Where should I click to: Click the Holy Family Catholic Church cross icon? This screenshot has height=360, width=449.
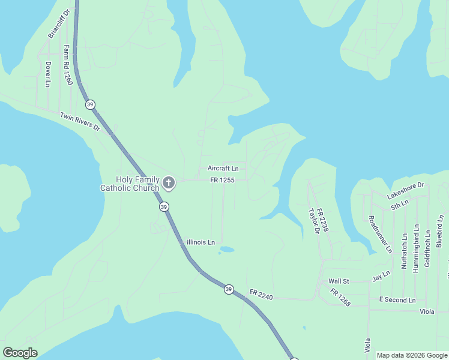tap(169, 183)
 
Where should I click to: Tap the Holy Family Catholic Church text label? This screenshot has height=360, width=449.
tap(130, 184)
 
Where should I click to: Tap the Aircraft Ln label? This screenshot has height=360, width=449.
tap(223, 169)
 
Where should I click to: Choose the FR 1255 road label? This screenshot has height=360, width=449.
tap(222, 180)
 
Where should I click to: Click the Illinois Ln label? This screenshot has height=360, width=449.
tap(200, 242)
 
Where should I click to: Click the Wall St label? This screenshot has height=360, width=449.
tap(338, 281)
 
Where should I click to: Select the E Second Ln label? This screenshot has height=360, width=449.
tap(397, 299)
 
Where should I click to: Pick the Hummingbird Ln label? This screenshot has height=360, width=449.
tap(416, 249)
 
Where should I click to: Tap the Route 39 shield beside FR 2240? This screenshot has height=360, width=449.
tap(229, 289)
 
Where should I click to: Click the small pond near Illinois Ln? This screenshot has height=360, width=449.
tap(226, 249)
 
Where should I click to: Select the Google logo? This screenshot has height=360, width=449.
tap(20, 353)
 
